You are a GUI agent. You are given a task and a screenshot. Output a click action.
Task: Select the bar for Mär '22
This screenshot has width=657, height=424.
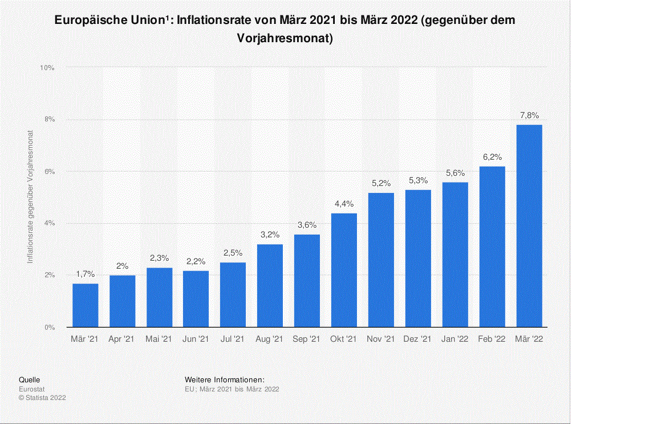pos(529,226)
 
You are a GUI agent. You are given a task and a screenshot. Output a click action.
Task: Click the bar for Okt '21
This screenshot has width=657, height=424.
pos(344,270)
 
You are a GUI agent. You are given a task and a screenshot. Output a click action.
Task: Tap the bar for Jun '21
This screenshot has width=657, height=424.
pos(196,299)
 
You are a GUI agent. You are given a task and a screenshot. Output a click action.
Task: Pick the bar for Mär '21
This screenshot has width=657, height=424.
pos(86,305)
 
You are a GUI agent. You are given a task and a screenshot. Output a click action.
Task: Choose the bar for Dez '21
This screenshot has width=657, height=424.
pos(418,259)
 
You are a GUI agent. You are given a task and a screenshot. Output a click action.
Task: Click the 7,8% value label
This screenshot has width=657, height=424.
pos(529,116)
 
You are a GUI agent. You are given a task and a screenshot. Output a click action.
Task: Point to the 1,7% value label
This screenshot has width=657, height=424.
pos(86,274)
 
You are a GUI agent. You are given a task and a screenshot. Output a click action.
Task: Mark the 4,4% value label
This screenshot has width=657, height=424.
pos(344,204)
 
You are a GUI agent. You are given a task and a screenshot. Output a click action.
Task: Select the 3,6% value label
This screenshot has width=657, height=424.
pos(307,225)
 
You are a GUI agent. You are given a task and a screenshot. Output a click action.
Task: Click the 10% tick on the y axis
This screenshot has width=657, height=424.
pos(47,68)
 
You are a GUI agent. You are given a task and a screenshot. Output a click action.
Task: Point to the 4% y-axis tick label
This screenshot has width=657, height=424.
pos(50,224)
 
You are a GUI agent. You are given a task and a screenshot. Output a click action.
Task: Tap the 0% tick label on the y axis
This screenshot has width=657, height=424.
pos(50,328)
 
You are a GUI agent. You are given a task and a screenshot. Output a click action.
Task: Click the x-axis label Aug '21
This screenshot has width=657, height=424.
pos(270,339)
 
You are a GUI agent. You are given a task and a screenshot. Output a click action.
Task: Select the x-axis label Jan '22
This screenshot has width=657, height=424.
pos(455,339)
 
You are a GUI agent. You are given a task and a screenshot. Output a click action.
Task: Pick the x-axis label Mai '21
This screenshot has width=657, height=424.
pos(159,339)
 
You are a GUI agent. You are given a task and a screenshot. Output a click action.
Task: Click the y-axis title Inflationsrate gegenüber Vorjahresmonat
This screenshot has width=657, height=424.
pos(31,197)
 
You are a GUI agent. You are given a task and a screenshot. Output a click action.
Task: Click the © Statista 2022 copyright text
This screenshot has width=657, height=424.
pos(42,397)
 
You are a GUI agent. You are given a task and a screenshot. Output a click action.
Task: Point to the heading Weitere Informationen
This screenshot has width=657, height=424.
pos(225,379)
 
